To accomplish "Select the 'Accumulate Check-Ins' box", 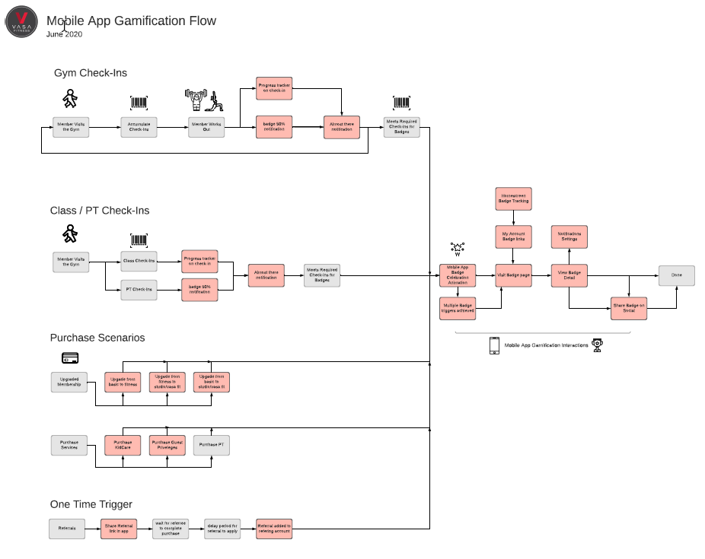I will (x=139, y=127).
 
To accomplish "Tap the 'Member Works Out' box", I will (x=207, y=127).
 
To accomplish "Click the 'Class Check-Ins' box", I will (x=139, y=262).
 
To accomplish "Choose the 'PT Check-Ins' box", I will (x=139, y=289).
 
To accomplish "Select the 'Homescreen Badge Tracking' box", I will (x=514, y=199).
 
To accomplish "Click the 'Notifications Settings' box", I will (x=569, y=237).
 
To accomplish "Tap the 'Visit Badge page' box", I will (x=514, y=275).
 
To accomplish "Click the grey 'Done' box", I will (x=677, y=275).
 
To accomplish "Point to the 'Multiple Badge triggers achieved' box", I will (x=458, y=308).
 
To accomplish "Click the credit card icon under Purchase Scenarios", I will (x=71, y=357).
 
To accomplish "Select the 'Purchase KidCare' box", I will (x=122, y=445).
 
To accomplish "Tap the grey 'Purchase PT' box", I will (x=211, y=445).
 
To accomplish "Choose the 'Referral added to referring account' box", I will (x=274, y=529).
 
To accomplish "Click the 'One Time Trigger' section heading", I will (x=91, y=503).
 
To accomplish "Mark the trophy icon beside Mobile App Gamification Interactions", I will (x=598, y=345).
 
